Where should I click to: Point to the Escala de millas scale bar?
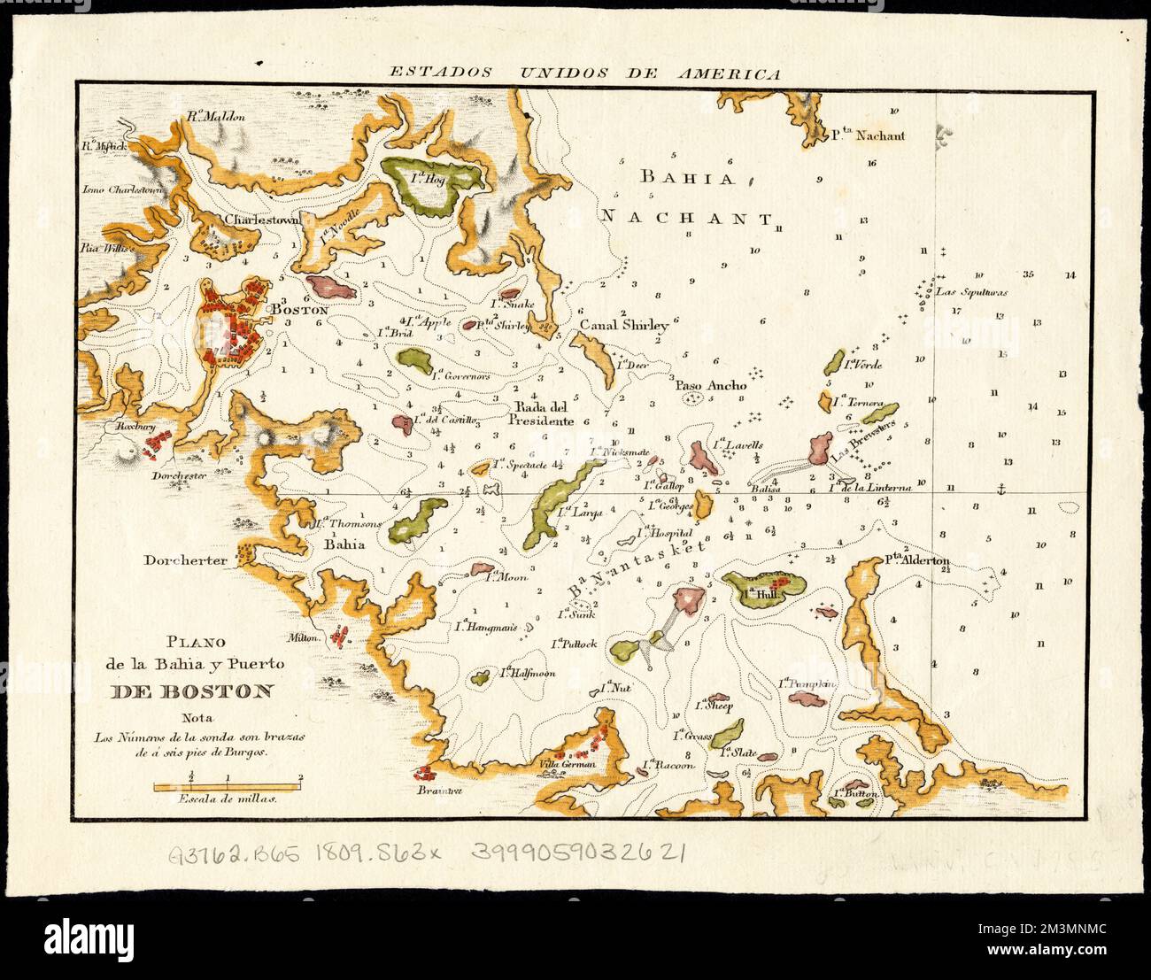[228, 785]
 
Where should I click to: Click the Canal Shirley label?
[623, 326]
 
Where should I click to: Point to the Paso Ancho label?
[711, 385]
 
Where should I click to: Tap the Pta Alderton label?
[916, 560]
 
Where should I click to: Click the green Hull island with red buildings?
[764, 588]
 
